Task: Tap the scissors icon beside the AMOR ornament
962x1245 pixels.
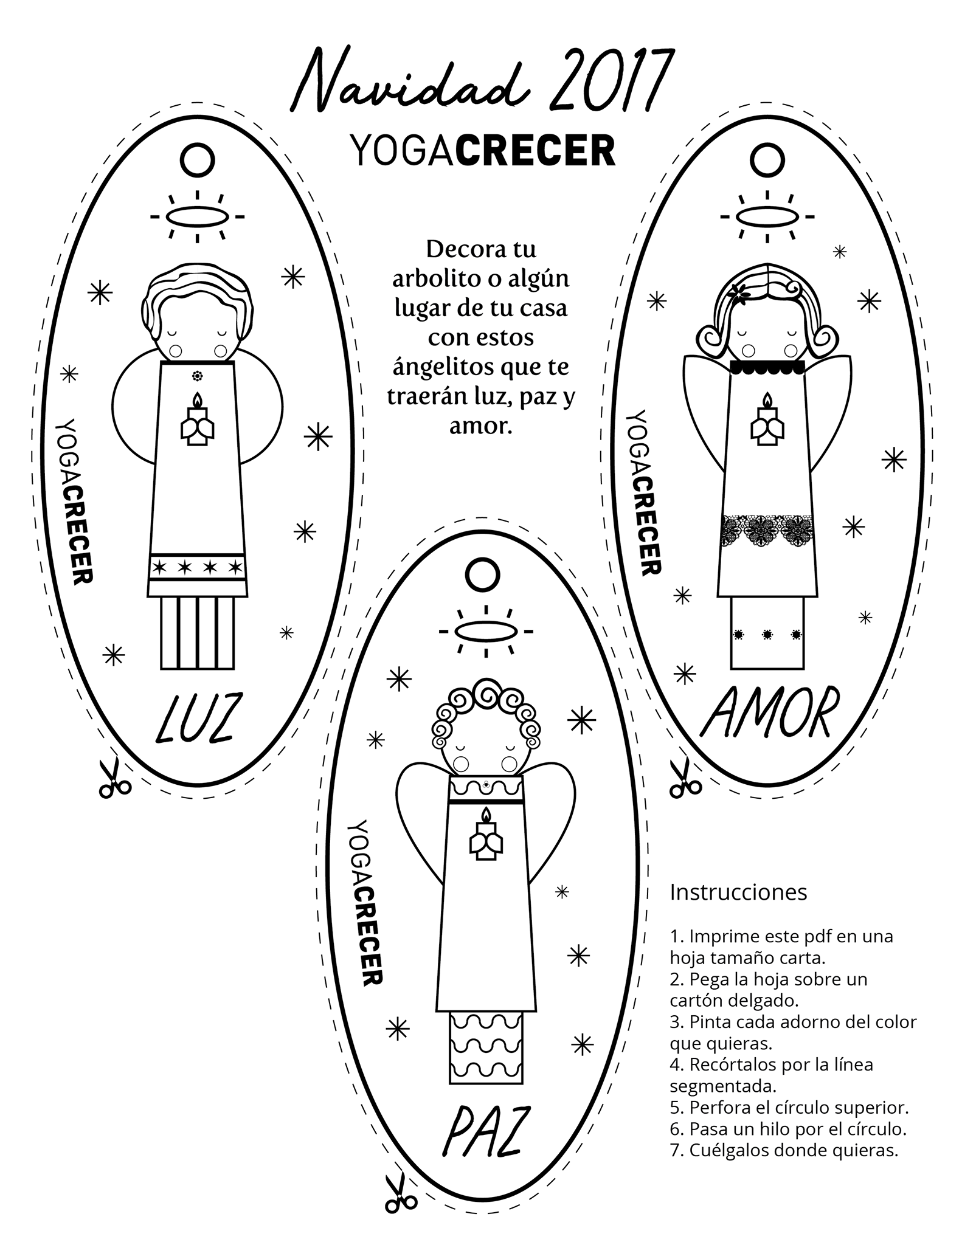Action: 685,779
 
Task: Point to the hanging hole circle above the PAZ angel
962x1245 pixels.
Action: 483,573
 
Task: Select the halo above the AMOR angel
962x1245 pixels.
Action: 767,216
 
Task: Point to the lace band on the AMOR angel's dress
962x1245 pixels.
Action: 767,530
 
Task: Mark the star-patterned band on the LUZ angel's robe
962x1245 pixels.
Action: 197,568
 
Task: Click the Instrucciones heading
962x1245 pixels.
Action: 738,892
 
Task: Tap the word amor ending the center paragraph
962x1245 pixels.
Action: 481,426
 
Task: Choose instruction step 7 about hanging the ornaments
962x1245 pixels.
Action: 784,1150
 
